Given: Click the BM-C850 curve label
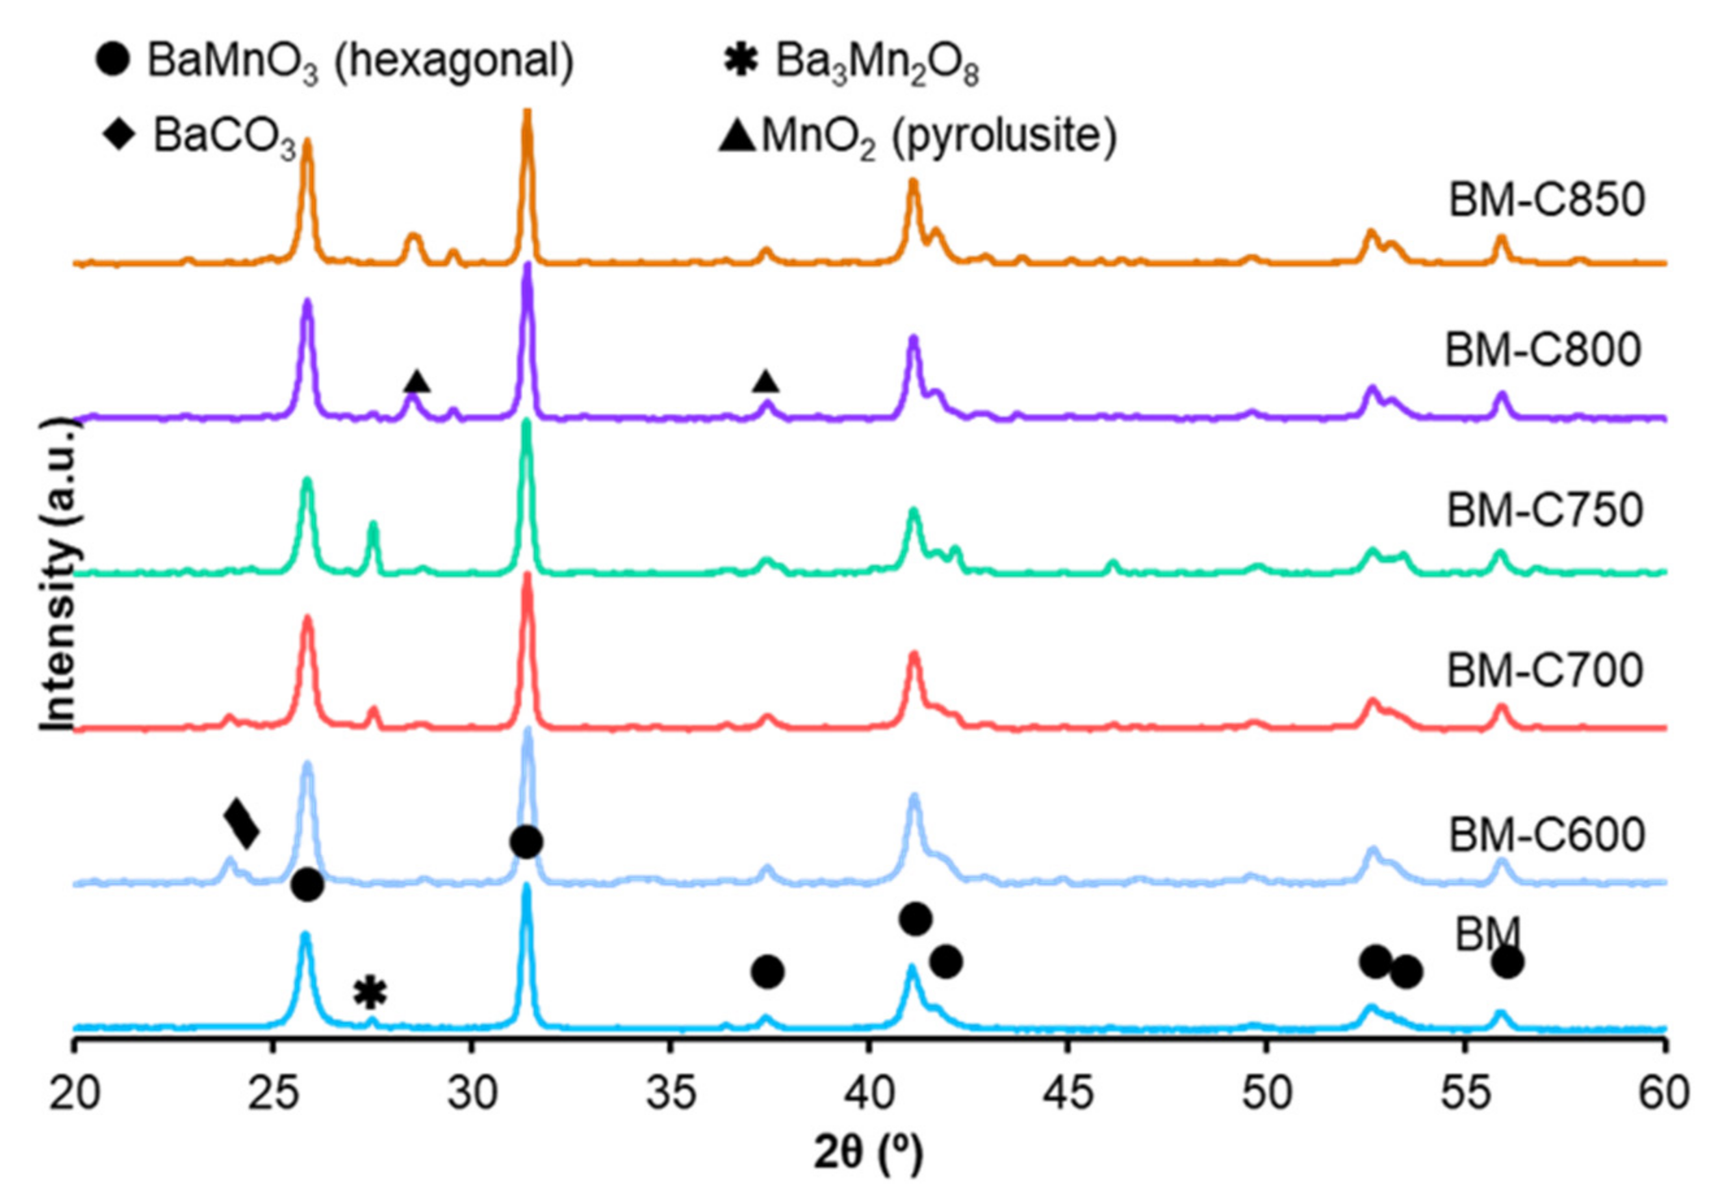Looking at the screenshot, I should pos(1546,200).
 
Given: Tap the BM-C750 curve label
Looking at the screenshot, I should pos(1544,511).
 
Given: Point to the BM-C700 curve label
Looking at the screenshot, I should pos(1544,670).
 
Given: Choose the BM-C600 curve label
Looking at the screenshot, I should pos(1546,834).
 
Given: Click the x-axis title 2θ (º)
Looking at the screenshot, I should pos(869,1154).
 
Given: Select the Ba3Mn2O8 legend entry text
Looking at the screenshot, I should pos(877,63).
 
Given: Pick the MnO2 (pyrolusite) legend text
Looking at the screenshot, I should pos(938,137).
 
